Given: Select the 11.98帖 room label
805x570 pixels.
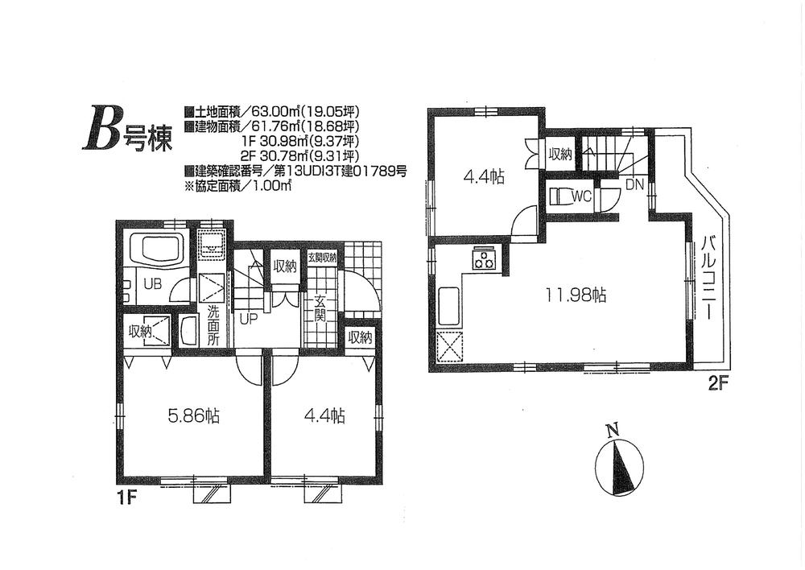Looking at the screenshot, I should coord(577,295).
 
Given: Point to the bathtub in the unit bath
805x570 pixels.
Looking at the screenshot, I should coord(158,248).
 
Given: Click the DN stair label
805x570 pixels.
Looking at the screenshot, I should coord(634,184).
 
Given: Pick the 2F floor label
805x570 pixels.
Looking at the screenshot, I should coord(718,384).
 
